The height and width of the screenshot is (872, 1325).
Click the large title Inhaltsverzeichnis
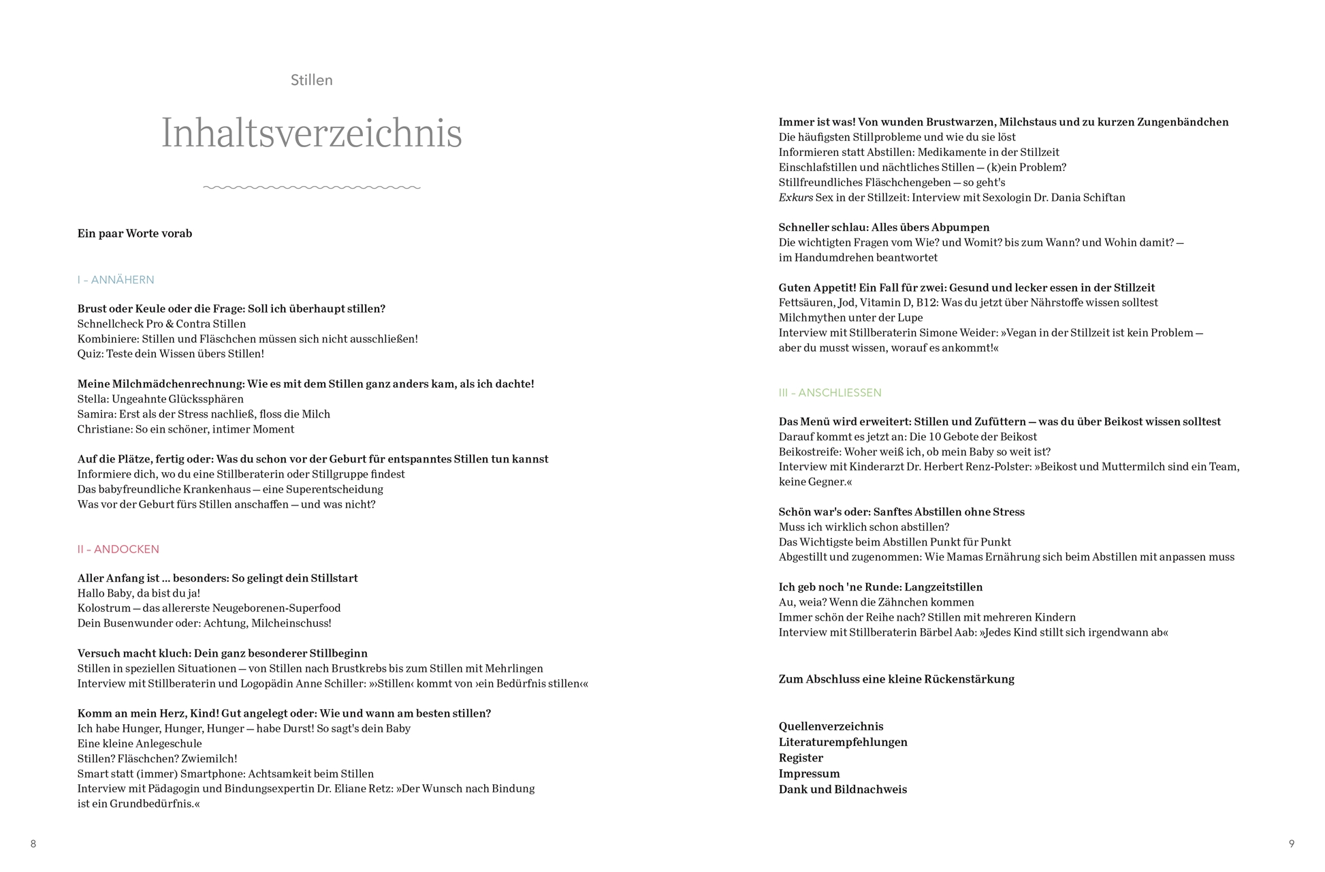click(311, 133)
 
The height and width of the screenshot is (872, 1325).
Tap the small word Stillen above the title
click(311, 80)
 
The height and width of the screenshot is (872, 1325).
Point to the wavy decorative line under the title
click(311, 187)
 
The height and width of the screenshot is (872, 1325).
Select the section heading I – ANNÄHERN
click(116, 280)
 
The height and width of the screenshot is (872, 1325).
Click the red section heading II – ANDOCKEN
click(118, 549)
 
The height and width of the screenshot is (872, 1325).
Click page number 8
click(33, 844)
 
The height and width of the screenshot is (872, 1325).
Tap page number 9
click(1291, 844)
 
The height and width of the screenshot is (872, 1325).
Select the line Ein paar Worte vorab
click(135, 234)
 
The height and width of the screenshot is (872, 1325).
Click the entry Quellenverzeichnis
click(831, 727)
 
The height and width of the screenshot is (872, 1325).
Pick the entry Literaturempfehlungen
click(843, 743)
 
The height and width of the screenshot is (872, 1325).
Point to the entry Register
click(801, 758)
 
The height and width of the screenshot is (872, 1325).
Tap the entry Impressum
click(809, 774)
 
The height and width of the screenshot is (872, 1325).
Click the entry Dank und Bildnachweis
click(842, 790)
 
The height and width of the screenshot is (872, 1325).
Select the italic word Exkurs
click(795, 198)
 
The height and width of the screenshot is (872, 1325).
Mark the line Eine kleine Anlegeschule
click(140, 744)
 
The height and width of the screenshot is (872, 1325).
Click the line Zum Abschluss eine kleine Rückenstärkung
click(896, 679)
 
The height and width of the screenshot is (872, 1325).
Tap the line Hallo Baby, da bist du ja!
click(139, 593)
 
